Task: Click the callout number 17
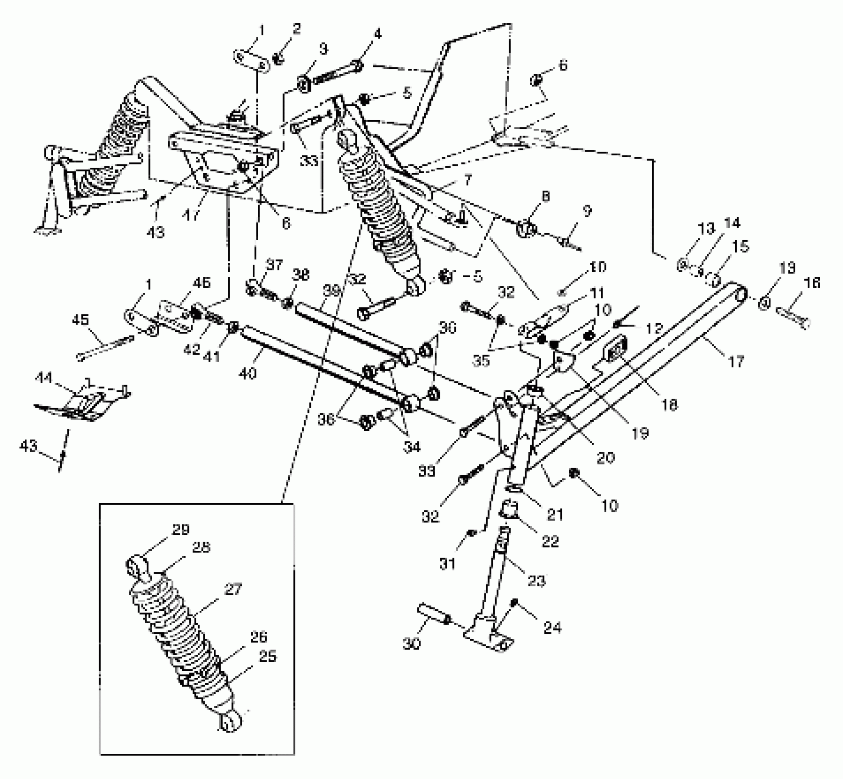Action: tap(736, 362)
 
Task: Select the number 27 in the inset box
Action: tap(233, 589)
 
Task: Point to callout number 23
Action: tap(537, 581)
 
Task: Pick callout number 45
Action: tap(81, 320)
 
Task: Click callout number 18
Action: tap(670, 404)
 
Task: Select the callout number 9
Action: tap(587, 211)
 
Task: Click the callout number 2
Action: tap(296, 29)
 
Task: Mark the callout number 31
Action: tap(447, 563)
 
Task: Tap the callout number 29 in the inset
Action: tap(181, 530)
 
